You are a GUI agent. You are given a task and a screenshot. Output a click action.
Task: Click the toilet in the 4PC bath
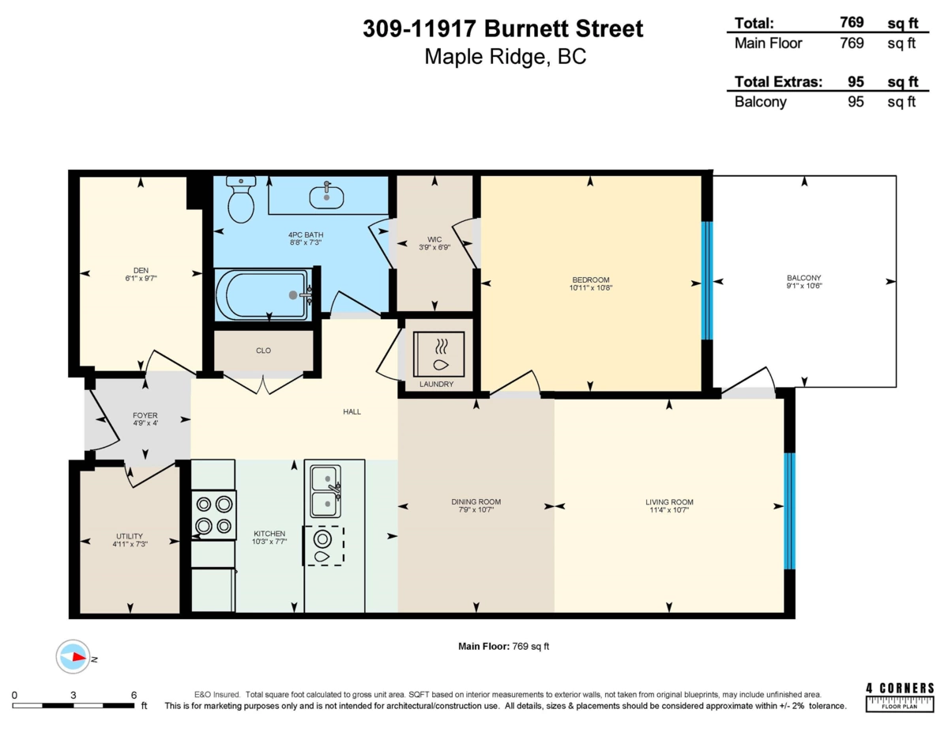[x=241, y=199]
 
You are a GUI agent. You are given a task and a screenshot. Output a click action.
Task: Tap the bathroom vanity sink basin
[x=326, y=197]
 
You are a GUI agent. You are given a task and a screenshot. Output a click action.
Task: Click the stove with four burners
[x=214, y=515]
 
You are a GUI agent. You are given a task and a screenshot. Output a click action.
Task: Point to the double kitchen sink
[x=325, y=491]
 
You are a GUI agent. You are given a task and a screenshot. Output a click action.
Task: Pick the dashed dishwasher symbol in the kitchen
[x=324, y=546]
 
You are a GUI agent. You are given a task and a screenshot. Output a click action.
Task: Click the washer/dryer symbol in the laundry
[x=439, y=354]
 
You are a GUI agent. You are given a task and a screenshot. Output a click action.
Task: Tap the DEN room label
[x=141, y=270]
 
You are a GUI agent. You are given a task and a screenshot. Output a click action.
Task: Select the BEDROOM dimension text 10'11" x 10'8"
[x=591, y=287]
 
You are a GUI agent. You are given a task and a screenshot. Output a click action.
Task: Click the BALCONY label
[x=804, y=278]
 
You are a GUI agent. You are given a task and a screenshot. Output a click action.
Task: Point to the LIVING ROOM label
[x=669, y=501]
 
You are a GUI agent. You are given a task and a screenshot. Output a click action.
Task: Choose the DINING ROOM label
[x=476, y=501]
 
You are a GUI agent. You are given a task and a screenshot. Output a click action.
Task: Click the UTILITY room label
[x=130, y=536]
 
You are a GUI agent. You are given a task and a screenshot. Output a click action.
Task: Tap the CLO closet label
[x=264, y=351]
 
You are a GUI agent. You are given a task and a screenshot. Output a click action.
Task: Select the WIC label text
[x=434, y=239]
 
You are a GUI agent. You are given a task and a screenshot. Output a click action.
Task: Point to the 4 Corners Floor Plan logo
[x=900, y=697]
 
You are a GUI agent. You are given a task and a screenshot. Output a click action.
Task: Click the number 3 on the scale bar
[x=73, y=695]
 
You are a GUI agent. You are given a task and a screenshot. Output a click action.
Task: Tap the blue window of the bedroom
[x=707, y=280]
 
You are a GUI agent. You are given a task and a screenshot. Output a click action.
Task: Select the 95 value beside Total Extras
[x=856, y=81]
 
